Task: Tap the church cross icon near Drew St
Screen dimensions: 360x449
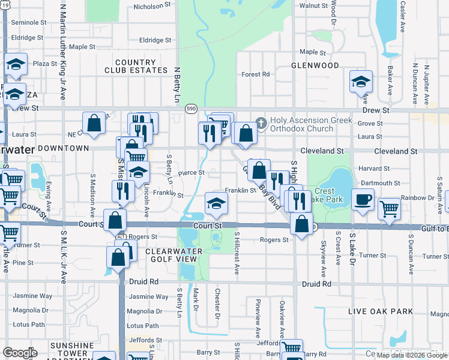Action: point(261,123)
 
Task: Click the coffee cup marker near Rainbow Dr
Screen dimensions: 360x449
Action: point(362,200)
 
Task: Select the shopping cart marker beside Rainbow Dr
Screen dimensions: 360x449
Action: point(389,209)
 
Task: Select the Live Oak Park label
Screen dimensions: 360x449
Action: point(381,311)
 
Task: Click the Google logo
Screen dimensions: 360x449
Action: point(20,352)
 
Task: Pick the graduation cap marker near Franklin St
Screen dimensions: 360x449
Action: point(216,203)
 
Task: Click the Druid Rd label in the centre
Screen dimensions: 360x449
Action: point(318,283)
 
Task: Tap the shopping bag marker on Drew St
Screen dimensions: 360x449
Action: point(94,124)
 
